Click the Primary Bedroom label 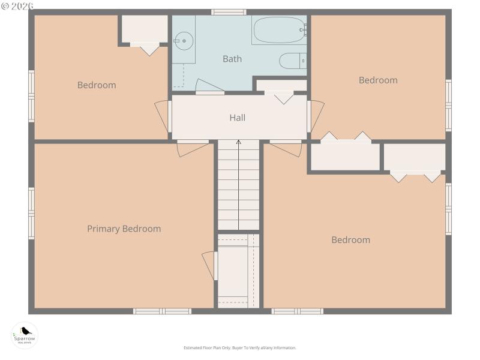coord(124,229)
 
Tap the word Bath coord(232,59)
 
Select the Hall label coord(237,118)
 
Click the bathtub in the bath coord(280,29)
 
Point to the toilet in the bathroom coord(293,61)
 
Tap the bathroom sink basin coord(184,42)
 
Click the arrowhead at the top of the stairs coord(238,142)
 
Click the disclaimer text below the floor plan coord(239,348)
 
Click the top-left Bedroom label coord(97,85)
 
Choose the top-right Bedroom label coord(378,80)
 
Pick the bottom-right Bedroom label coord(350,240)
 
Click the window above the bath coord(229,12)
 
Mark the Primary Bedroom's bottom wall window coord(162,311)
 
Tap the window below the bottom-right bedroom coord(297,311)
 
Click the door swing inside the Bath coord(209,86)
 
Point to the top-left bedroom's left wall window coord(31,96)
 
